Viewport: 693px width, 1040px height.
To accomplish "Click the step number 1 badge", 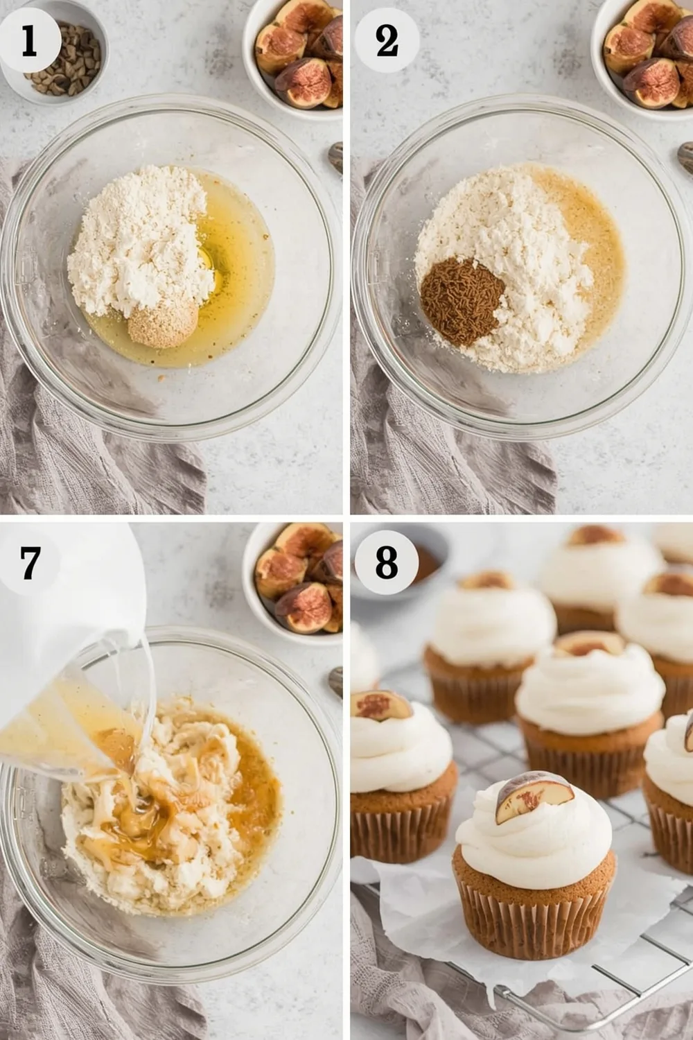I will tap(28, 40).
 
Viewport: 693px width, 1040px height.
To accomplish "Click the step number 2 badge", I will tap(387, 40).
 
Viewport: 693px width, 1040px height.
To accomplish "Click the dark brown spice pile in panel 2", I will tap(462, 300).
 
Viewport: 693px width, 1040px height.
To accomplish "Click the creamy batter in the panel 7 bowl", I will tap(173, 811).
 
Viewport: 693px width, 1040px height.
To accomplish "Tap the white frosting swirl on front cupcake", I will tap(534, 842).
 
